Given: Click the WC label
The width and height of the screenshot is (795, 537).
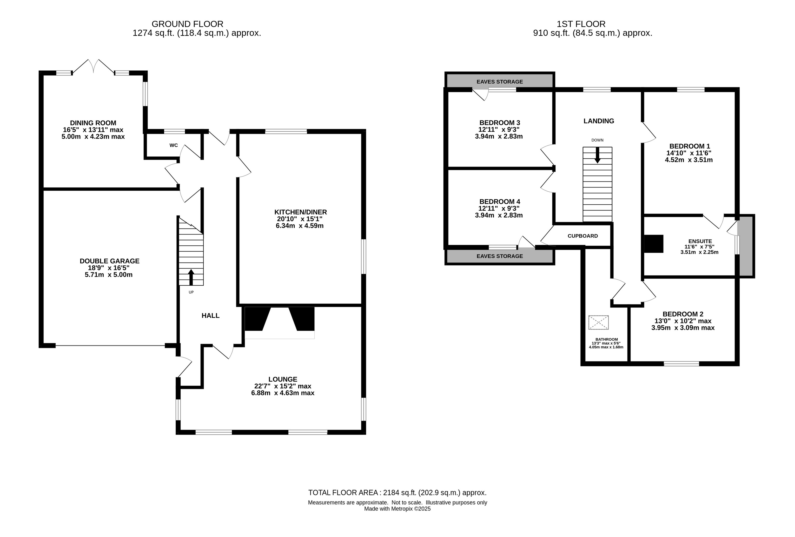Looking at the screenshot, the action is [x=173, y=145].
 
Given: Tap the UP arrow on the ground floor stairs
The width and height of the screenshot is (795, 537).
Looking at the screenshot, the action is [x=191, y=277].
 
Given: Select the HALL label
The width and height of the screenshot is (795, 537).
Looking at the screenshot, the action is [x=210, y=315].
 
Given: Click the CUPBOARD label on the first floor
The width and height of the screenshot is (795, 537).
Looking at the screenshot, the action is [x=583, y=236].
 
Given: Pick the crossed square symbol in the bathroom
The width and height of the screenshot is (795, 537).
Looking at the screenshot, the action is [x=598, y=322].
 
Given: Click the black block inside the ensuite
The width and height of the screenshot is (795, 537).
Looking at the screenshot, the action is [x=654, y=244].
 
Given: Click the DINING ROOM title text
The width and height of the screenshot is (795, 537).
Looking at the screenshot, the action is [x=93, y=123].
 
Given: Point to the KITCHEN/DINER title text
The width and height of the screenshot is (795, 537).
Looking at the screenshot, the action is [x=300, y=212].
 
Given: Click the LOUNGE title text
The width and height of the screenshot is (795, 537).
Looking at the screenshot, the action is [x=283, y=379].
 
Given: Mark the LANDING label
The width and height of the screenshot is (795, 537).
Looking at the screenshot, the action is [x=599, y=121].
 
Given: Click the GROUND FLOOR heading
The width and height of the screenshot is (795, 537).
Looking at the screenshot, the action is [x=187, y=24].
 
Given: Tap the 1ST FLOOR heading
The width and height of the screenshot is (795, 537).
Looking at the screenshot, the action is [x=581, y=24].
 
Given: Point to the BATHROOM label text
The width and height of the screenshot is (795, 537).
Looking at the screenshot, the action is [x=607, y=340].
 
